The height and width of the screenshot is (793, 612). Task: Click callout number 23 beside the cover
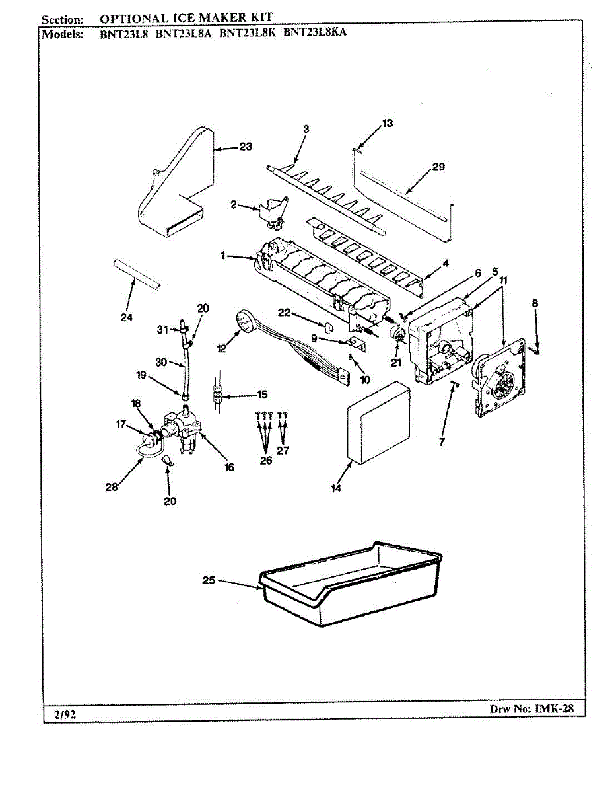[x=246, y=147]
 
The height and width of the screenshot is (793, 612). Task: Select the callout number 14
[x=335, y=488]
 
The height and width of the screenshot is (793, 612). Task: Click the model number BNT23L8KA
[x=315, y=32]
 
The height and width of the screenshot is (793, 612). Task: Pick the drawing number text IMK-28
[x=554, y=708]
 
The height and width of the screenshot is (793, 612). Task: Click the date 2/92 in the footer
[x=65, y=714]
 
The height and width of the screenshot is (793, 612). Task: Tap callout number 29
[x=438, y=167]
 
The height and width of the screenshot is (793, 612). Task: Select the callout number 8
[x=535, y=303]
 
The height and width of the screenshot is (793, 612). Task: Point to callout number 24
[x=127, y=317]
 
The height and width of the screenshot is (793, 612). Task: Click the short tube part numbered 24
[x=137, y=276]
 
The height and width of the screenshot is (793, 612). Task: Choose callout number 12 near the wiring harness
[x=221, y=348]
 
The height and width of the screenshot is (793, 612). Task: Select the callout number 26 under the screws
[x=266, y=460]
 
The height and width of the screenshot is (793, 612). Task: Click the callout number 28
[x=112, y=487]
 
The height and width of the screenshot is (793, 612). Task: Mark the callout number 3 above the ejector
[x=306, y=129]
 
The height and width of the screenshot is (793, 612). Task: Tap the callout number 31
[x=162, y=330]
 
